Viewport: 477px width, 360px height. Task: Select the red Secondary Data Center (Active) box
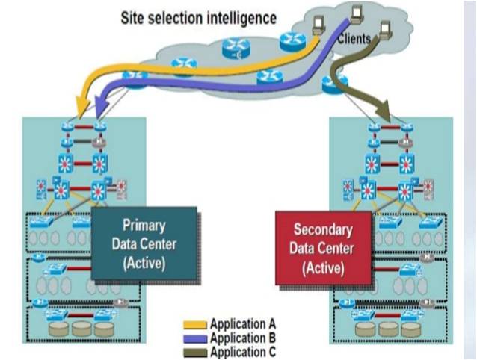(323, 246)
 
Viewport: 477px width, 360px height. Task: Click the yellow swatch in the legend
(196, 325)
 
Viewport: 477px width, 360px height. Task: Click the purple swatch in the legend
(196, 337)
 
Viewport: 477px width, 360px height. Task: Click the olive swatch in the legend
(196, 350)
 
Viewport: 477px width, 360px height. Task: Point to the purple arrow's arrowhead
(99, 112)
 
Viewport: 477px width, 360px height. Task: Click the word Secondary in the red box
(323, 229)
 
